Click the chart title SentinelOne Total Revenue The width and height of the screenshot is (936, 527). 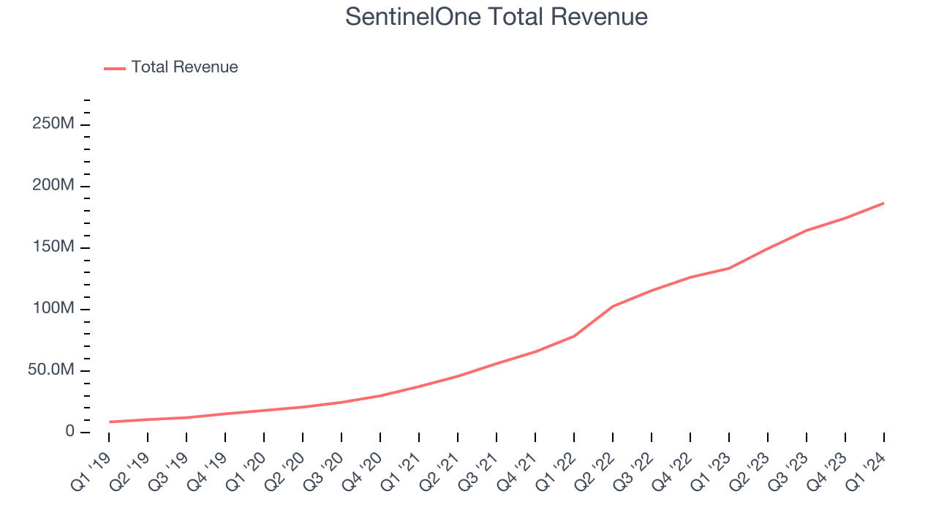coord(497,17)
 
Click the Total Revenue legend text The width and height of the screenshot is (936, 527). coord(184,67)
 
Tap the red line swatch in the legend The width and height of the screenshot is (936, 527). coord(115,68)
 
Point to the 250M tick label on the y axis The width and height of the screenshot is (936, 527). coord(53,124)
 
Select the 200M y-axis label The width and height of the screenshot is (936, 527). coord(53,186)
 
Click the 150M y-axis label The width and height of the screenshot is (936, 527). coord(53,247)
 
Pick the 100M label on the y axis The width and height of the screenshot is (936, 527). coord(53,309)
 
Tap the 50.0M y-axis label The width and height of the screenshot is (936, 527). coord(51,370)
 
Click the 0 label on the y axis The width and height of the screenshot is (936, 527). coord(69,432)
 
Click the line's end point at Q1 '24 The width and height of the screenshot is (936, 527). coord(883,203)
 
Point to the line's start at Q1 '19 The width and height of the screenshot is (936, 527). coord(109,422)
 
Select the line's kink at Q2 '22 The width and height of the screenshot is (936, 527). coord(613,306)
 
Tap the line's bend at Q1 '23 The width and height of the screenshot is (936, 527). coord(729,268)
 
